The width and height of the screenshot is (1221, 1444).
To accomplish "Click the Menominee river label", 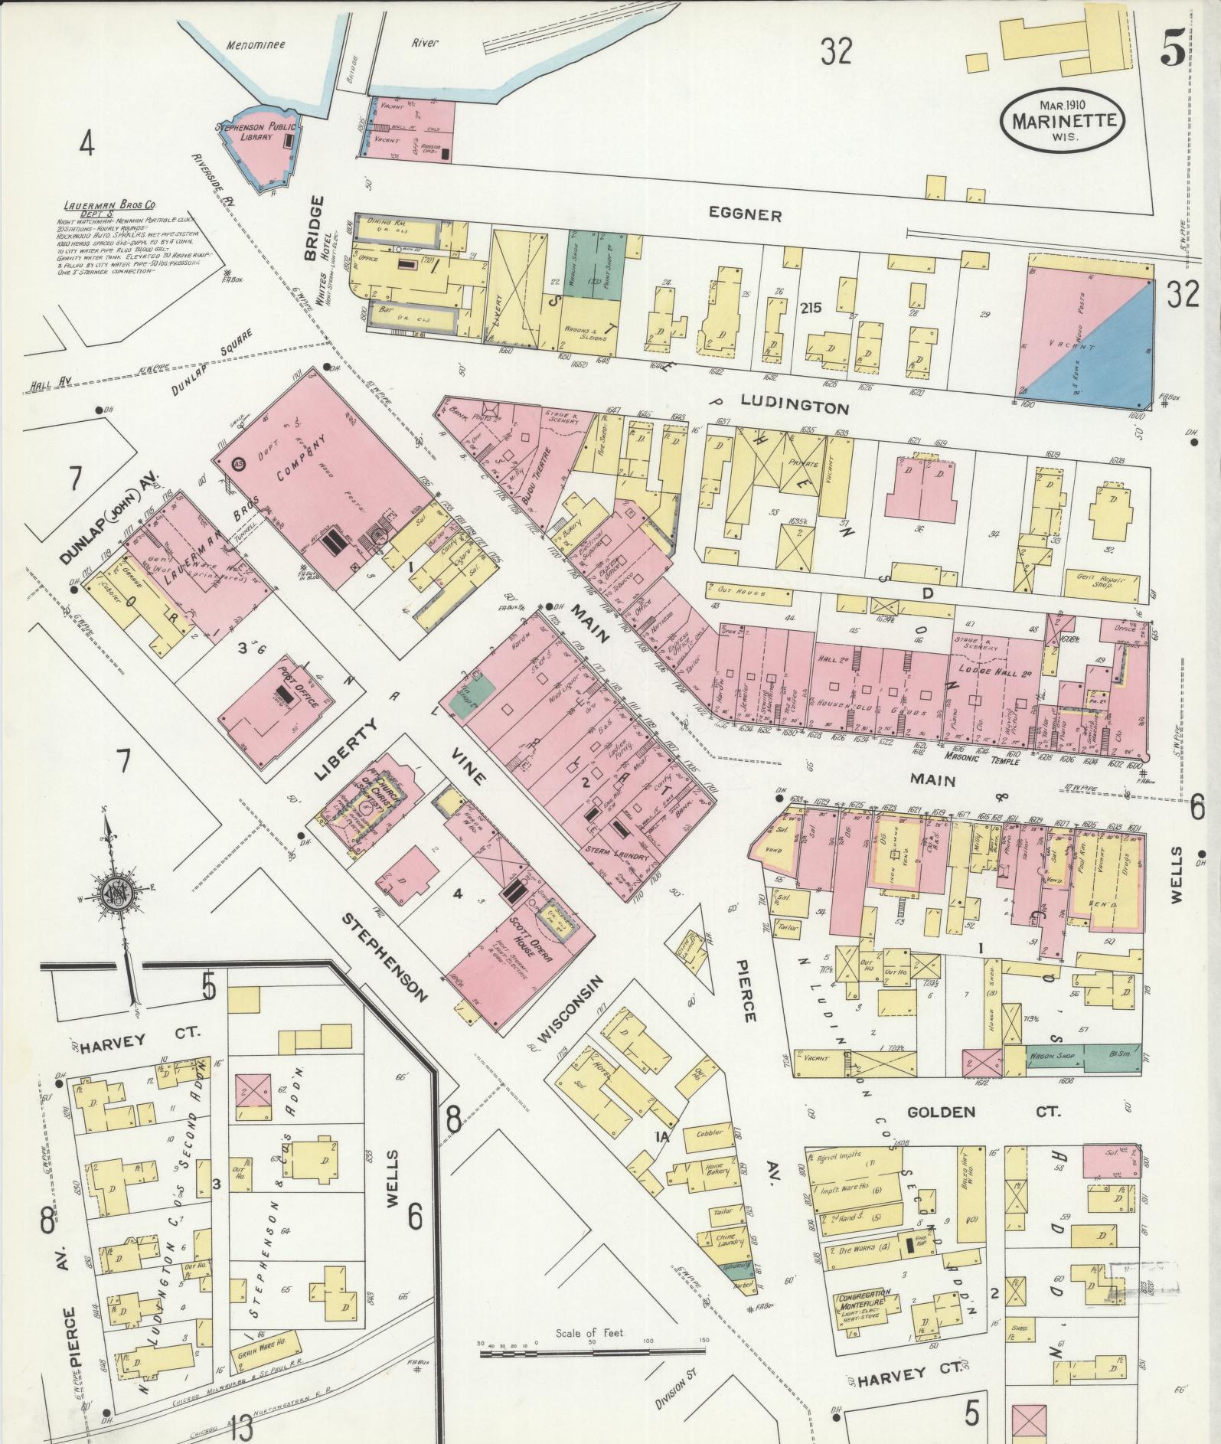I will pyautogui.click(x=256, y=44).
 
